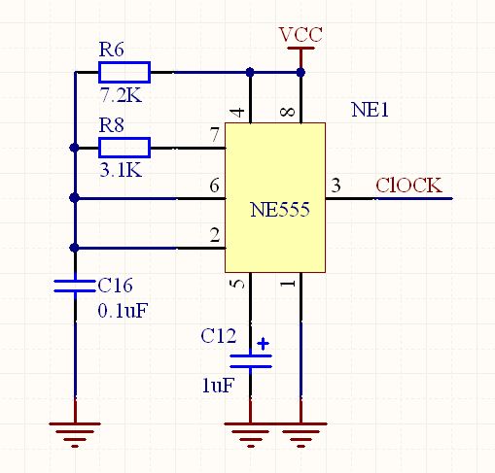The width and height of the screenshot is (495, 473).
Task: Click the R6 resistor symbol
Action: [124, 72]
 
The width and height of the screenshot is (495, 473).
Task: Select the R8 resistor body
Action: [124, 148]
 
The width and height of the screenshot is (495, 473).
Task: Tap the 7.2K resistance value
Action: [121, 95]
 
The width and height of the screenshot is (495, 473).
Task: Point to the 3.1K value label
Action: [121, 170]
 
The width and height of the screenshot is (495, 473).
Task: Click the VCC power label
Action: [301, 35]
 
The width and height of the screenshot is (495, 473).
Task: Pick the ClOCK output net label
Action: [408, 186]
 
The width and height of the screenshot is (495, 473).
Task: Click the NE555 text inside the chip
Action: [280, 210]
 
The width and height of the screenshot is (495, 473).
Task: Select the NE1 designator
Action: [370, 110]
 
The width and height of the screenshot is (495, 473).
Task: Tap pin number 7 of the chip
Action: [215, 134]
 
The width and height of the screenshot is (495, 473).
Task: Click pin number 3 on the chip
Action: [336, 186]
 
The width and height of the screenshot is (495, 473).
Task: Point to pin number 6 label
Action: [214, 186]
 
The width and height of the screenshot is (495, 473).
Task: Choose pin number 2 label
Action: [215, 235]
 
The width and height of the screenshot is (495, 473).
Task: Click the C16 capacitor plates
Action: [75, 286]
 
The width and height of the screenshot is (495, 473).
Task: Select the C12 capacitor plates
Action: [251, 361]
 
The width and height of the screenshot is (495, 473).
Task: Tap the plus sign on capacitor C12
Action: [263, 344]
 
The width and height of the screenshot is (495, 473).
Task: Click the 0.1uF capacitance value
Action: [123, 311]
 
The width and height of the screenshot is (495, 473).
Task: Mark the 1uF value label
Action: [218, 386]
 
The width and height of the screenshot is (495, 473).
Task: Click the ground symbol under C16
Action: [75, 435]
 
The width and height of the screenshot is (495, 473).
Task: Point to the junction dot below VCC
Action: [301, 72]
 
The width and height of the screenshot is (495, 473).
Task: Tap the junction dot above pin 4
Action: [250, 72]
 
